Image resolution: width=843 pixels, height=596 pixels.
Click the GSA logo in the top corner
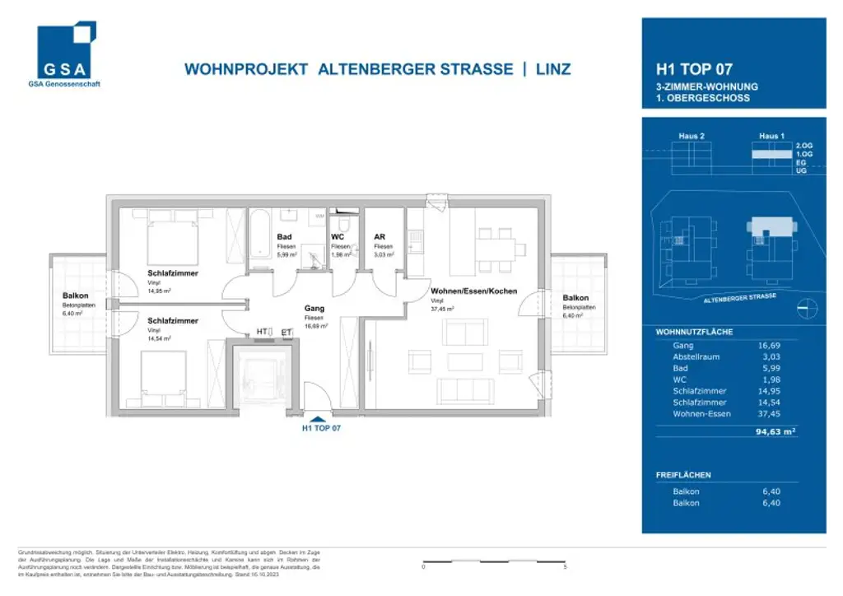coord(66,54)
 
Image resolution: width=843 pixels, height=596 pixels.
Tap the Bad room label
coord(284,237)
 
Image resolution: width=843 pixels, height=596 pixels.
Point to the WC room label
coord(338,237)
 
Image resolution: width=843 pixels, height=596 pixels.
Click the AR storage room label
coord(380,237)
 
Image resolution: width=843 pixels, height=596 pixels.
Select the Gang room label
coord(314,309)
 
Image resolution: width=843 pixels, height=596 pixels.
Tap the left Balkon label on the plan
coord(76,296)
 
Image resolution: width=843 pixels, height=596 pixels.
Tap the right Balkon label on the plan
coord(575,298)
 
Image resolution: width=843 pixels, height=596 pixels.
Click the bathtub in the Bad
coord(259,235)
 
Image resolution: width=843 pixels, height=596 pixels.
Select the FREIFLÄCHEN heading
coord(683,475)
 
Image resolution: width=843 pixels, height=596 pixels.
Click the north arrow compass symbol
coord(808,308)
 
